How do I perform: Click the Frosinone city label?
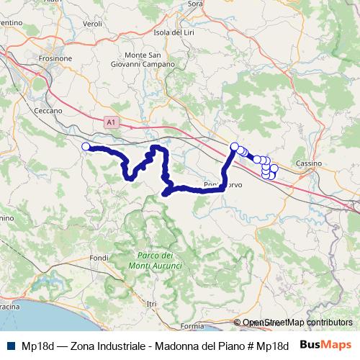(72, 58)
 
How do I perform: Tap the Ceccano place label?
(49, 111)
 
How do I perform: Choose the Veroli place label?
(93, 24)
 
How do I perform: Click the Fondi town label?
(99, 258)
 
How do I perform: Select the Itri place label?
(151, 305)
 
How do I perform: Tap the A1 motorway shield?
(110, 124)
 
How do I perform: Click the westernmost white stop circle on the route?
(86, 147)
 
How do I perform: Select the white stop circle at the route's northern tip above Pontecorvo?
(234, 147)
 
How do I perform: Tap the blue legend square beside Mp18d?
(9, 346)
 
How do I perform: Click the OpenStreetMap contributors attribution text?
(297, 323)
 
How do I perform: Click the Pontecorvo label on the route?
(222, 185)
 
